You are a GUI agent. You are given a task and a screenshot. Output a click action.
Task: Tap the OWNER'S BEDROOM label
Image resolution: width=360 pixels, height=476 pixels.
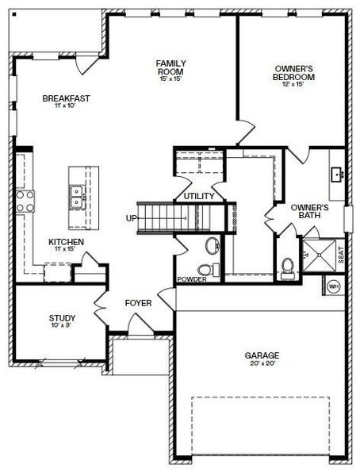(294, 73)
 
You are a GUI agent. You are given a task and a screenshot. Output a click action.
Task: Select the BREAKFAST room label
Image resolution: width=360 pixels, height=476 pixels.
(66, 98)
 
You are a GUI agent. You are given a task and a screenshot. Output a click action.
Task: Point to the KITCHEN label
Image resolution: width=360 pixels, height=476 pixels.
(67, 242)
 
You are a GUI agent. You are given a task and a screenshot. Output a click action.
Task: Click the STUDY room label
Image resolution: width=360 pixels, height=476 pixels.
(62, 318)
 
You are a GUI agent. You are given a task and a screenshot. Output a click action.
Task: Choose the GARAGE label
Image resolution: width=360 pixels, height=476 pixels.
(261, 355)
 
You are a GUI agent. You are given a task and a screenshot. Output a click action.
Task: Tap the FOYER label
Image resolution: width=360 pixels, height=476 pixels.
(138, 303)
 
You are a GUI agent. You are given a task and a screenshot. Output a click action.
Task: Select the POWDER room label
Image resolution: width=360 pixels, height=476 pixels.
(191, 279)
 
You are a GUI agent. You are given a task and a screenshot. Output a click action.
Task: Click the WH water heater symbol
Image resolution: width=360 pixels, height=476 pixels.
(334, 286)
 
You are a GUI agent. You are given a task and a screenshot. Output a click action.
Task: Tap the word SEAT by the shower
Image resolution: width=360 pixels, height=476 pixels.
(341, 255)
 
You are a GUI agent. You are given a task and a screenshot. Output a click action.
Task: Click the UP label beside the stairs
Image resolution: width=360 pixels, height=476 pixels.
(131, 218)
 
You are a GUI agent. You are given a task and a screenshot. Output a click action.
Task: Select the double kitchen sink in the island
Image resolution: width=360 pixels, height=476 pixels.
(78, 196)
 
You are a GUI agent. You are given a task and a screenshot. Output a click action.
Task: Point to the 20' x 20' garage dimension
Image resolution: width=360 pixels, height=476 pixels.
(261, 364)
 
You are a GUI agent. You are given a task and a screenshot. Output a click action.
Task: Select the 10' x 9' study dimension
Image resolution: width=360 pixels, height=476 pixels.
(62, 326)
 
